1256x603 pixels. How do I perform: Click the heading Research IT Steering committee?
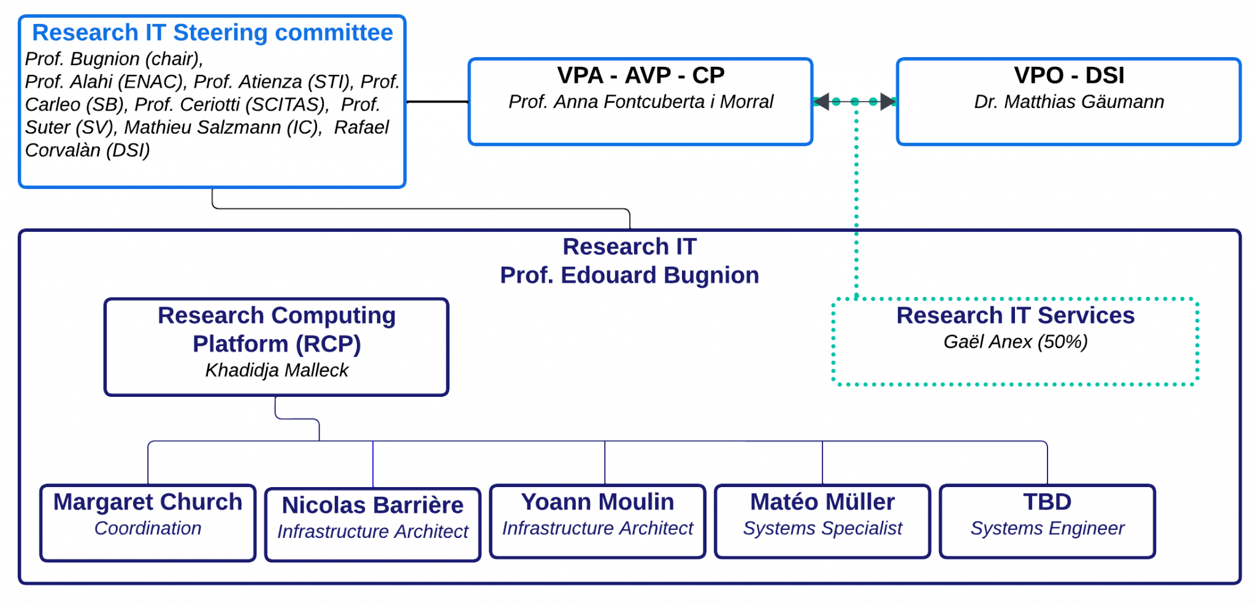(212, 33)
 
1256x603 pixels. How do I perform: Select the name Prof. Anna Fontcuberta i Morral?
(641, 102)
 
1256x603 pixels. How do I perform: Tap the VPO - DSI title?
(1069, 75)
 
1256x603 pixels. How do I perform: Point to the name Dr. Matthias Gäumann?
(1069, 102)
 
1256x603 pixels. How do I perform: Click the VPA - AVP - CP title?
(641, 75)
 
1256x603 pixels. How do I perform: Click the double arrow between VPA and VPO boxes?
(855, 101)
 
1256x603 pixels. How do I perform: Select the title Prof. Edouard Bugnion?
(629, 275)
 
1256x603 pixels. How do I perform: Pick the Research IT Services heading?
(1015, 315)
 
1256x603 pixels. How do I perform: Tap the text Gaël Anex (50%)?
(1015, 342)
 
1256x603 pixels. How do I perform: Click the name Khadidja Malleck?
(277, 371)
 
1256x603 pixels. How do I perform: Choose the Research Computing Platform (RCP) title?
(277, 330)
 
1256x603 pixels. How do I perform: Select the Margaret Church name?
(148, 502)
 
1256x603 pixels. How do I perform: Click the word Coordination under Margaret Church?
(148, 528)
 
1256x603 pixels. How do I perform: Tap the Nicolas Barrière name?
(372, 505)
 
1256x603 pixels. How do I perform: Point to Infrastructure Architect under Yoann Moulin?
(597, 528)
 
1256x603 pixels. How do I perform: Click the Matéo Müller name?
(822, 502)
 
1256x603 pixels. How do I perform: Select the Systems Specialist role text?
(822, 528)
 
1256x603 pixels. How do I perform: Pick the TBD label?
(1047, 502)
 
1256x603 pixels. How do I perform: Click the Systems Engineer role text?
(1047, 528)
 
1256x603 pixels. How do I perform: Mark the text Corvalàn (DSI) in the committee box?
(88, 150)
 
